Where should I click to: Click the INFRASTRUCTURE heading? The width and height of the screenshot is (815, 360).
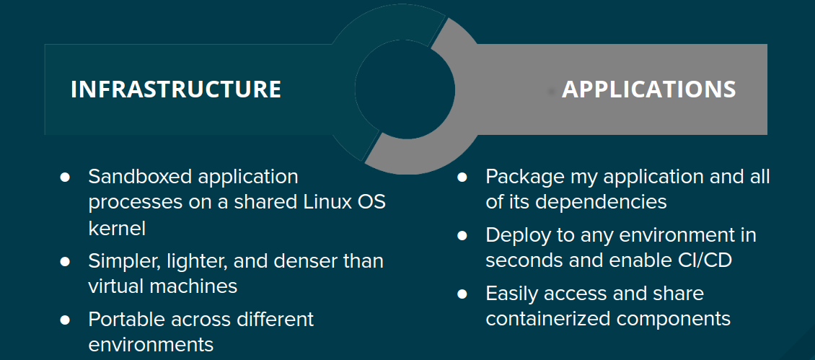tap(176, 89)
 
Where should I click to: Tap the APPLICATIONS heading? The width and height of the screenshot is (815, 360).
tap(648, 89)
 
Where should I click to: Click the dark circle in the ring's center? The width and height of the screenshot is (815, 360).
tap(405, 89)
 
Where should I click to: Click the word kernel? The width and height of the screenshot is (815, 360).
tap(117, 228)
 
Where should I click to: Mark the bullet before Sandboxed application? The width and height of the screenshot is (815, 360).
tap(64, 177)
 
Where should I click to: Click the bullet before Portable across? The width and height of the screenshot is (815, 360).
tap(64, 319)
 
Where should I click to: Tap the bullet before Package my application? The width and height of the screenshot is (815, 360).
tap(462, 177)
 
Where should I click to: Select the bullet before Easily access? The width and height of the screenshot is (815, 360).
tap(462, 294)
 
